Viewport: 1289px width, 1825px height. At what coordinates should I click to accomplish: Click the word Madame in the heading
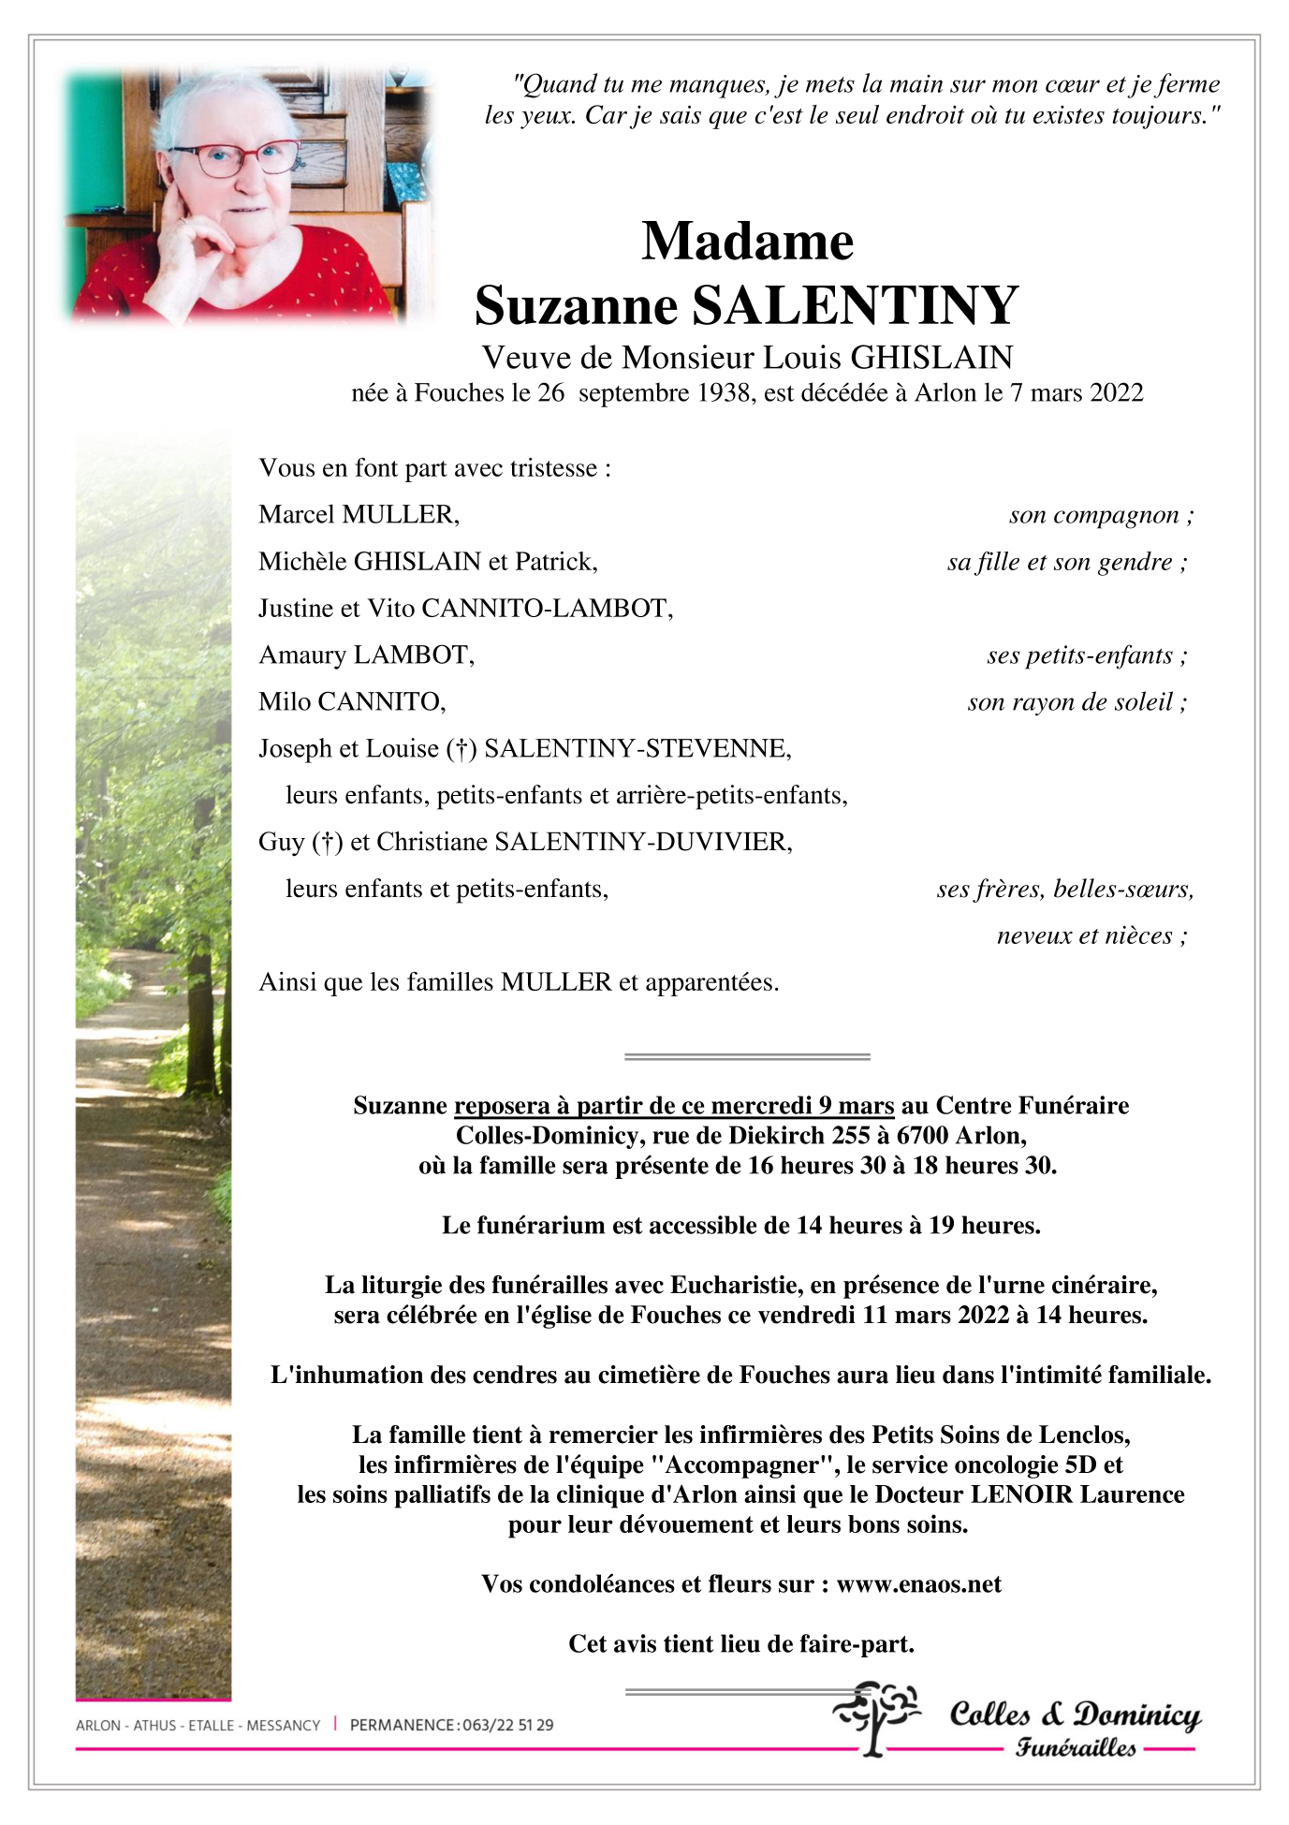tap(747, 242)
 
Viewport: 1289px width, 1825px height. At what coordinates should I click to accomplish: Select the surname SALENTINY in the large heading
tap(854, 305)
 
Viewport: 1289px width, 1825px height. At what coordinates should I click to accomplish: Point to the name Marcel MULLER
tap(359, 514)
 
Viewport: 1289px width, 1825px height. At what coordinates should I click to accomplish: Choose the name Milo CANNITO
tap(352, 701)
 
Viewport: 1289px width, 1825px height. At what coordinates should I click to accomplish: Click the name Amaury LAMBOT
tap(366, 655)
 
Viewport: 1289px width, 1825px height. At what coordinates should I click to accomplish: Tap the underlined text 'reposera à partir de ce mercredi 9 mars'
tap(674, 1106)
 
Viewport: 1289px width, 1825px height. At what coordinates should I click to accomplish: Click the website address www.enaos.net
tap(918, 1583)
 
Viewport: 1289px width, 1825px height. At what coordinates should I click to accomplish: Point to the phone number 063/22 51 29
tap(506, 1725)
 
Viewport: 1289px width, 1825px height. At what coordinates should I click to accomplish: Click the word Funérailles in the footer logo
tap(1076, 1747)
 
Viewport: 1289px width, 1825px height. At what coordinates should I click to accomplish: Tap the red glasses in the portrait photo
tap(234, 157)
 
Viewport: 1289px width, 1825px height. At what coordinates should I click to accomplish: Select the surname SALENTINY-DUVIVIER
tap(642, 842)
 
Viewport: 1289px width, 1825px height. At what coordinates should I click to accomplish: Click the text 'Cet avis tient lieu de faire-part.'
tap(741, 1643)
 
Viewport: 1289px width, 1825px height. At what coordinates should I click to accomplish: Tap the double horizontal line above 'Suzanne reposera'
tap(747, 1056)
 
